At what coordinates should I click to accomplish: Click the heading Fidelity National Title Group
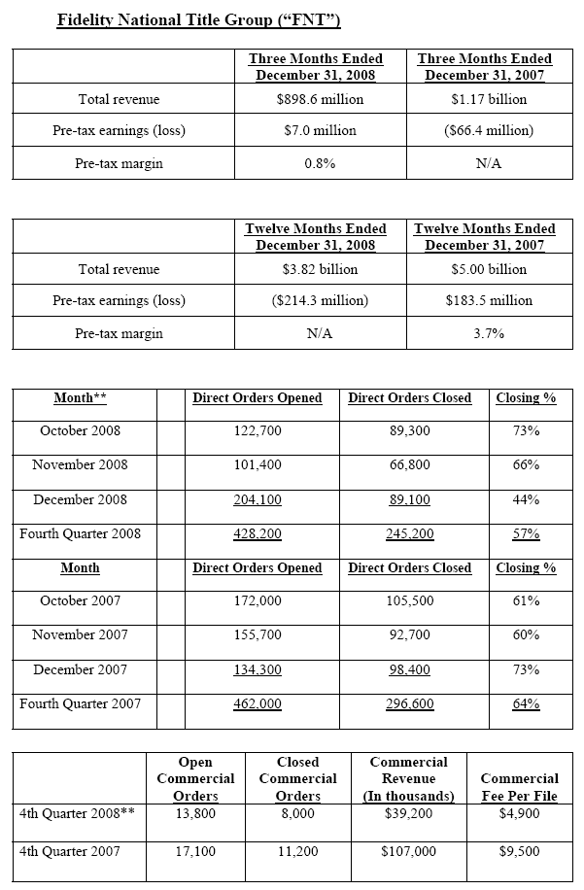[198, 19]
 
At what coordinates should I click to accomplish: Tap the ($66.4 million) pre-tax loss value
[488, 130]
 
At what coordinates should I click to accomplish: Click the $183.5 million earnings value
[488, 300]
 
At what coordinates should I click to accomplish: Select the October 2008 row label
[81, 430]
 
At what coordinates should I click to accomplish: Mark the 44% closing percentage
[526, 499]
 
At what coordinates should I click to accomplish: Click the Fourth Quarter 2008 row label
[81, 533]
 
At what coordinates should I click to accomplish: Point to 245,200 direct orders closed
[410, 534]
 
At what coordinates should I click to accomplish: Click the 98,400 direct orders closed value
[409, 670]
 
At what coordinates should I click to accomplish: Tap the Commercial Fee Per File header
[519, 787]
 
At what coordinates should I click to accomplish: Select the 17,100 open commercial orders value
[195, 851]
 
